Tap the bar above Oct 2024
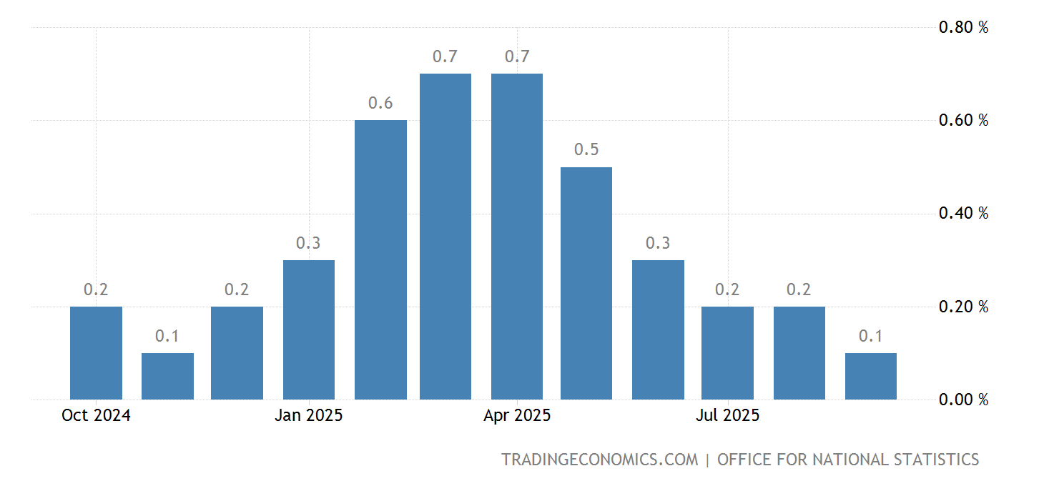[x=96, y=353]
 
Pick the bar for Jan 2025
[x=309, y=329]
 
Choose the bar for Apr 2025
[x=517, y=237]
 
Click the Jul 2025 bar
[x=727, y=353]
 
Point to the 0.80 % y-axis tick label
[x=963, y=28]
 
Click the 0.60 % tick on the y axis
[x=963, y=120]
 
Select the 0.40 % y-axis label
[x=963, y=214]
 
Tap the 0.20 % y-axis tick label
[x=963, y=307]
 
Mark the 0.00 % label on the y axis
[x=963, y=400]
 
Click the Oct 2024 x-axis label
[x=96, y=415]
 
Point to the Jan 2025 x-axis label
[x=309, y=415]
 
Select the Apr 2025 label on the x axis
[x=517, y=415]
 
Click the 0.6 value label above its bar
[x=380, y=103]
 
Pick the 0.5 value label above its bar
[x=586, y=150]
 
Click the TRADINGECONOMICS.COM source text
[x=599, y=460]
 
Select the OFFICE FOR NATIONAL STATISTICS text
[x=848, y=460]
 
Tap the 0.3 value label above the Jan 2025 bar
[x=308, y=243]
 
